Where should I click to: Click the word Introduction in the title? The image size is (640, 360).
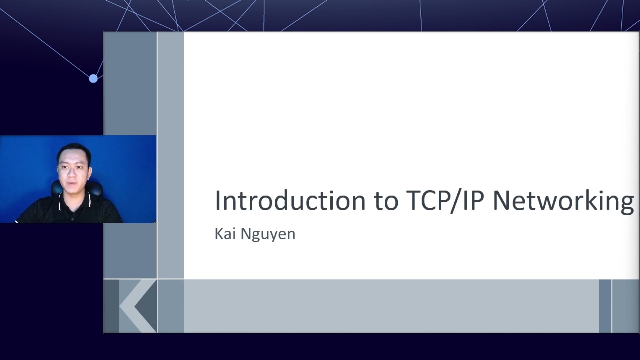click(x=290, y=200)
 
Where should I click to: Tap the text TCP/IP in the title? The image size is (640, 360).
click(x=445, y=201)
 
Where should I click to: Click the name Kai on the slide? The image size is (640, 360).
click(x=225, y=234)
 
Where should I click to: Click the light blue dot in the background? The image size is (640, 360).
click(x=93, y=79)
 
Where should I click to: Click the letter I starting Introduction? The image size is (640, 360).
click(x=217, y=200)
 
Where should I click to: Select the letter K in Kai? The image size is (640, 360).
click(x=219, y=234)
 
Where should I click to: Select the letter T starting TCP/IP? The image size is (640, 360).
click(x=414, y=200)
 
